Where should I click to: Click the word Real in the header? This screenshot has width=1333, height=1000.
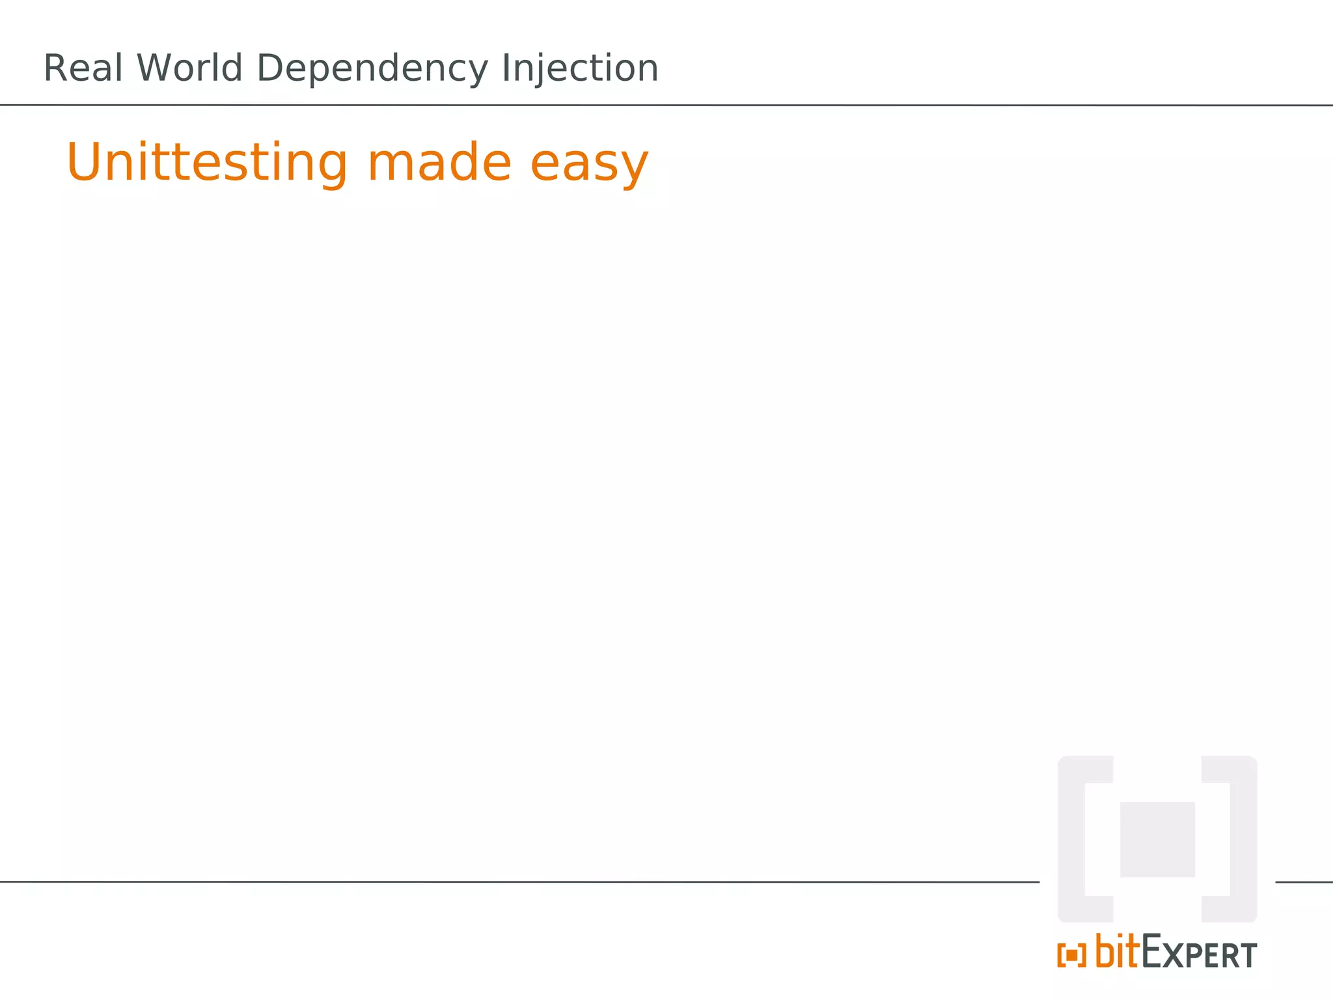pyautogui.click(x=83, y=68)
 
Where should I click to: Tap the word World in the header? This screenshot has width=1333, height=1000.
pyautogui.click(x=189, y=68)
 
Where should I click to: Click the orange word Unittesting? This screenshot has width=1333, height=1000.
pyautogui.click(x=207, y=163)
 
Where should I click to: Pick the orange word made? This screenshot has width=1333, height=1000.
pyautogui.click(x=439, y=162)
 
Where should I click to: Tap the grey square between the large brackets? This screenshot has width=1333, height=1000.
pyautogui.click(x=1157, y=840)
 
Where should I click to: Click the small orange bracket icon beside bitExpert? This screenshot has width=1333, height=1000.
pyautogui.click(x=1071, y=955)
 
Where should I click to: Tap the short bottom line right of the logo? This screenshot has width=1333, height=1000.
pyautogui.click(x=1304, y=882)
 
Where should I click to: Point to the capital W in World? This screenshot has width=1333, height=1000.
pyautogui.click(x=154, y=68)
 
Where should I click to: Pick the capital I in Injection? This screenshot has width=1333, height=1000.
pyautogui.click(x=505, y=68)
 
